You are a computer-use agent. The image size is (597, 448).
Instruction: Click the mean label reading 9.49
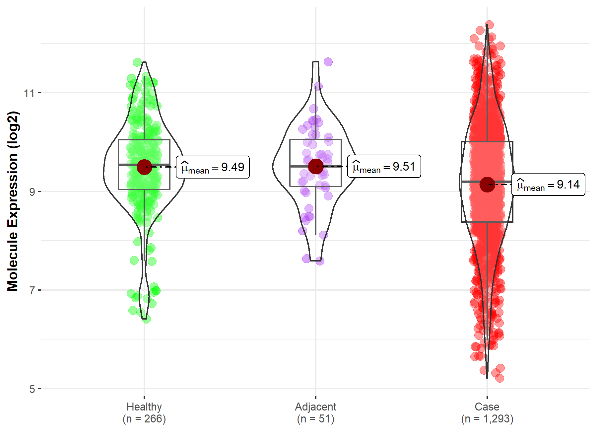tap(213, 167)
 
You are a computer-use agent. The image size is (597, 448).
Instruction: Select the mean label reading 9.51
tap(384, 166)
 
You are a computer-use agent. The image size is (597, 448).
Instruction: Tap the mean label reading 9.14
tap(548, 184)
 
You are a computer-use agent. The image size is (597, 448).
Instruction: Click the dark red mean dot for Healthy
tap(144, 167)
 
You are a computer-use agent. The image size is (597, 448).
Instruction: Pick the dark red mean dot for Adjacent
tap(316, 166)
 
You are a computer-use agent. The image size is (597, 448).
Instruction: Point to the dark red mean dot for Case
tap(487, 184)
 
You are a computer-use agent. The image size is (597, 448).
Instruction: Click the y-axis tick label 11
tap(29, 93)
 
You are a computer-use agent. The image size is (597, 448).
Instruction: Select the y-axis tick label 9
tap(32, 192)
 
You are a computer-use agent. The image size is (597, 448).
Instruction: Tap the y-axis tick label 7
tap(32, 290)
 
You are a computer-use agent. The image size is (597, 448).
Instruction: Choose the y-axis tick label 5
tap(32, 389)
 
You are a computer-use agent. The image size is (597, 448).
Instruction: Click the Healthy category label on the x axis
tap(144, 407)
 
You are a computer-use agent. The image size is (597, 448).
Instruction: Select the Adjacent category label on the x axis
tap(316, 407)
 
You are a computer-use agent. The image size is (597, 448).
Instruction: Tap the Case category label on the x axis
tap(487, 407)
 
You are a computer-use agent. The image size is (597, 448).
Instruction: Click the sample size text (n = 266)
tap(144, 419)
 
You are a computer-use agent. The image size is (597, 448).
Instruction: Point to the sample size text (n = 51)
tap(316, 419)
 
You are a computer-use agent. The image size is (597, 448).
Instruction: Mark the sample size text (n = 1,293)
tap(487, 419)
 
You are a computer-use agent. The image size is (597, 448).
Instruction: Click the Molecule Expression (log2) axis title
tap(13, 201)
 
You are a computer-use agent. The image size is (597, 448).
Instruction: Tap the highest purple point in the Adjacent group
tap(328, 62)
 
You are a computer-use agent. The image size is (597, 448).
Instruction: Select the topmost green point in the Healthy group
tap(137, 62)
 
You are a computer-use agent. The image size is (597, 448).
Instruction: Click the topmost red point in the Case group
tap(489, 25)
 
